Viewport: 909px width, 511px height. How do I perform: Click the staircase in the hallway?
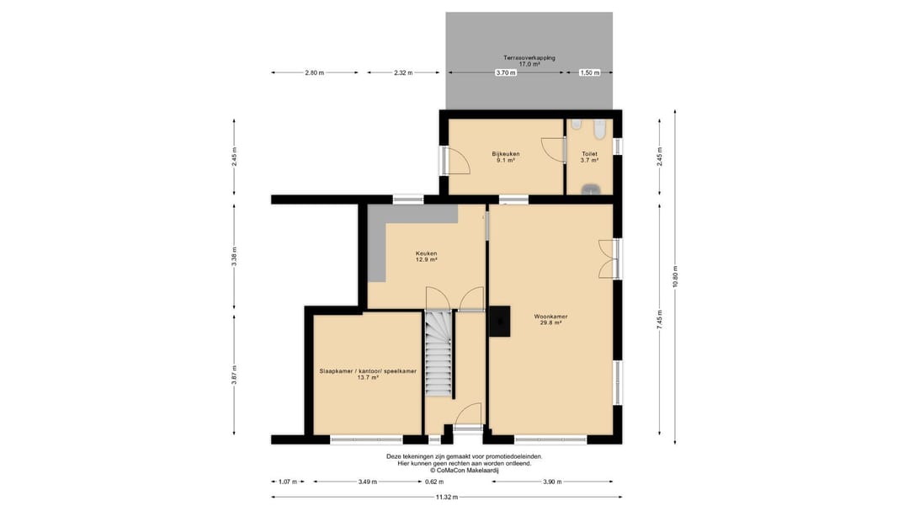tap(439, 354)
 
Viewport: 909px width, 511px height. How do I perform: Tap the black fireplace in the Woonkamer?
tap(499, 322)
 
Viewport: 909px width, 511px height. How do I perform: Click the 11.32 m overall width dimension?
tap(446, 497)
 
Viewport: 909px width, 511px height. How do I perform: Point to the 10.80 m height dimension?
tap(675, 277)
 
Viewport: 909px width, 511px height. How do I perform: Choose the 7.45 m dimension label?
tap(659, 320)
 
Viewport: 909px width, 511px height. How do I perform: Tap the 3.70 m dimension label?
tap(506, 73)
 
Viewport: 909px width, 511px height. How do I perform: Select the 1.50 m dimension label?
tap(589, 73)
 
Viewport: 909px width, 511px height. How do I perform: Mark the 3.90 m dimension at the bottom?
tap(552, 482)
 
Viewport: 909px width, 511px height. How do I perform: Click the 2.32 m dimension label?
tap(403, 73)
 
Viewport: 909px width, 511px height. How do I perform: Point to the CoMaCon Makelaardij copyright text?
tap(464, 471)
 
